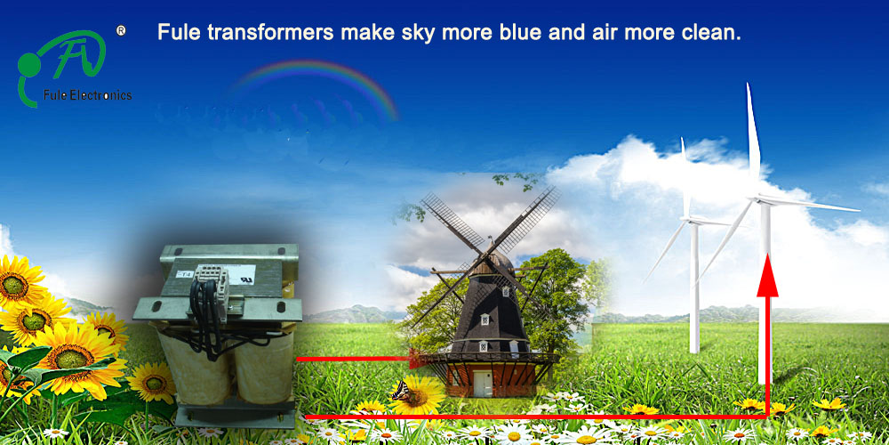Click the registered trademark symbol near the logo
(x=121, y=30)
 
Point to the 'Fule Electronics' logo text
(x=87, y=95)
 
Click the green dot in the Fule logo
(x=28, y=65)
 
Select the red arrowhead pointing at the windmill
(x=417, y=358)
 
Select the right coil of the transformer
(x=263, y=367)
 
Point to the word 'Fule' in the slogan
(x=180, y=32)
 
